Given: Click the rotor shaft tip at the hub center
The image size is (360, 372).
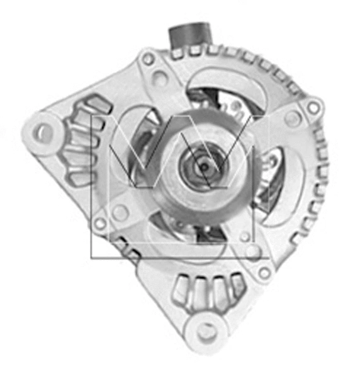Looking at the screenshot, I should (x=203, y=165).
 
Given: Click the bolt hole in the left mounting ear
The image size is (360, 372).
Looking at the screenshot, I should (x=42, y=132).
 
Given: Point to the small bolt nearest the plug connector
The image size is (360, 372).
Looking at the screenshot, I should (x=149, y=59).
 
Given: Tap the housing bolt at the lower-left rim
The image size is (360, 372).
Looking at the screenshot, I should (x=99, y=223).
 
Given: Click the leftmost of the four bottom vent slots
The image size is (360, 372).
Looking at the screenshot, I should (x=182, y=291).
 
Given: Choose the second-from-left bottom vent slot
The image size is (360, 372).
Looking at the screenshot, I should (x=201, y=291).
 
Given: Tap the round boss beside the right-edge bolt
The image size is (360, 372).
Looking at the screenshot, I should (x=292, y=119).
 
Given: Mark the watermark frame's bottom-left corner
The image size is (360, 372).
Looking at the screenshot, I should (x=92, y=258).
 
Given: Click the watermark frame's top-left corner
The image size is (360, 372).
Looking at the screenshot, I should (x=92, y=115).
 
